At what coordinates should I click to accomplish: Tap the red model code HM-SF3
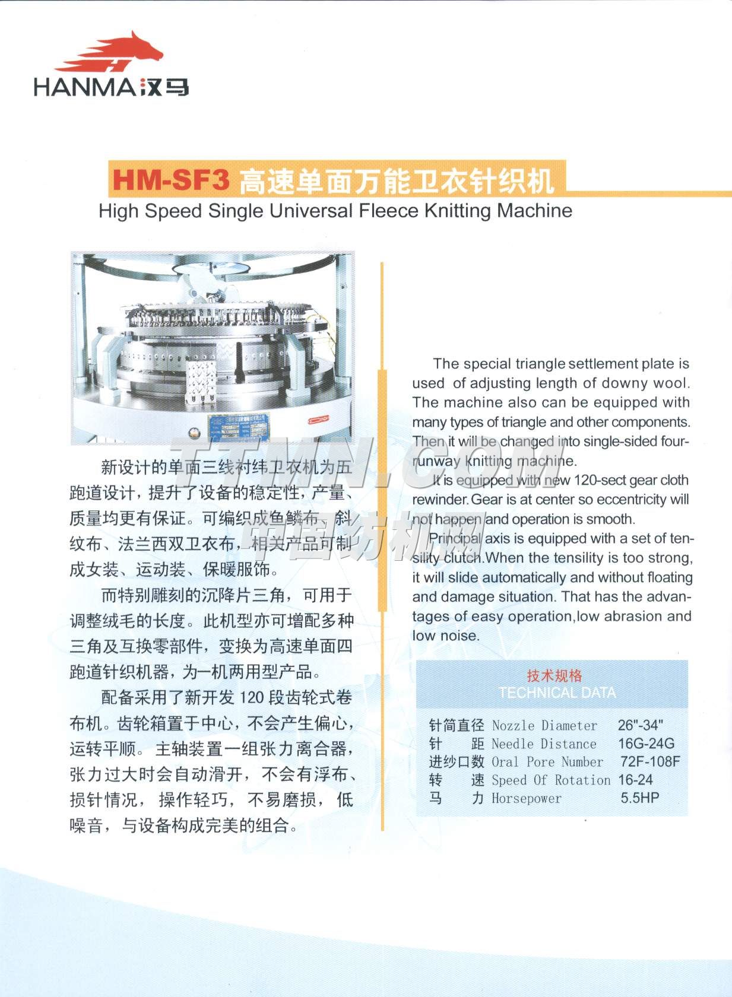[171, 180]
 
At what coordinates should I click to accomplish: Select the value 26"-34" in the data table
[640, 725]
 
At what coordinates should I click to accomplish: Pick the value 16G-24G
[646, 744]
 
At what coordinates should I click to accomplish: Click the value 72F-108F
[650, 761]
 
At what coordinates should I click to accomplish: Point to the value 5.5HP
[640, 798]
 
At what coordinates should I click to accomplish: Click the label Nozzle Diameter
[544, 725]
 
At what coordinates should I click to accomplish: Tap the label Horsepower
[526, 799]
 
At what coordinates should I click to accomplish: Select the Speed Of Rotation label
[550, 780]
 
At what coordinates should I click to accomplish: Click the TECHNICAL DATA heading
[557, 693]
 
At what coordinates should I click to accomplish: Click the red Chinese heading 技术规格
[554, 675]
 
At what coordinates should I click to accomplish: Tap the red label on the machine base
[318, 420]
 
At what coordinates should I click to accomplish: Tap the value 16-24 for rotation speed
[635, 780]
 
